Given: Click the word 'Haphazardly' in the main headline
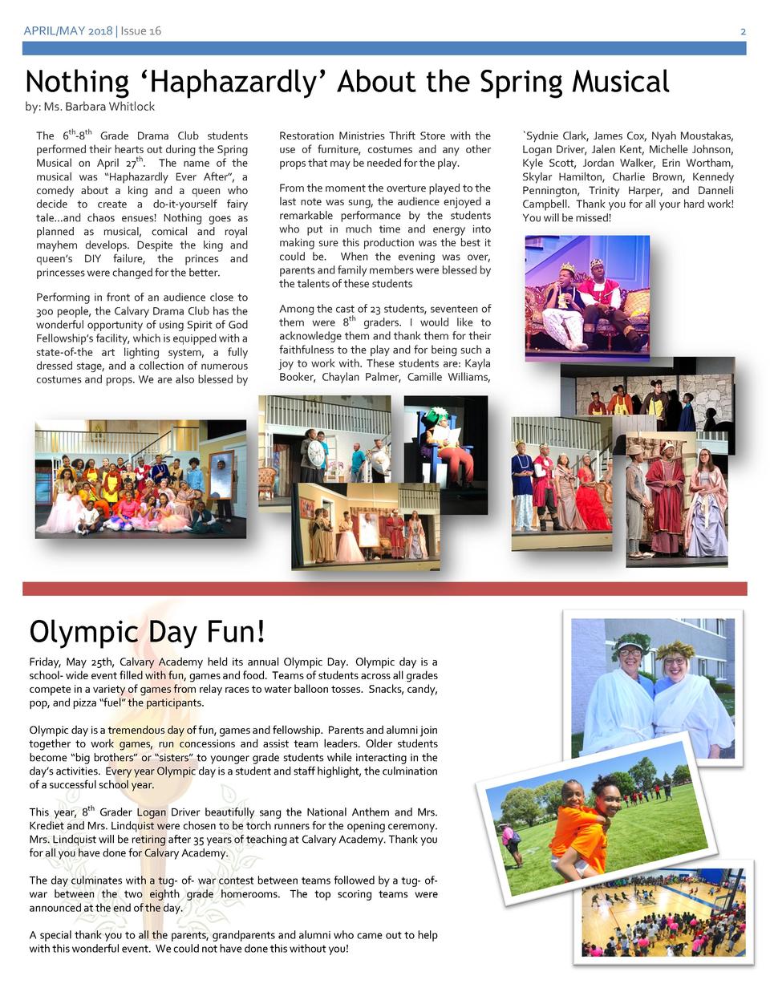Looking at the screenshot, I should [232, 82].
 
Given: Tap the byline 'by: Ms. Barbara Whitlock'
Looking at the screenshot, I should [90, 107].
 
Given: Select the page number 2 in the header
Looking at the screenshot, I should [743, 30].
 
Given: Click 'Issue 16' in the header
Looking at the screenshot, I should [141, 30].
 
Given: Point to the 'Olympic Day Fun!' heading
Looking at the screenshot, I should [147, 632].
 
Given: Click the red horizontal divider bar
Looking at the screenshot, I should [385, 589].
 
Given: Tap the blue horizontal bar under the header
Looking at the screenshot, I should [385, 48].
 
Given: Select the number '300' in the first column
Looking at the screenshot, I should [45, 311].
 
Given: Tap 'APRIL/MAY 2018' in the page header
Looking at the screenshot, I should [68, 30].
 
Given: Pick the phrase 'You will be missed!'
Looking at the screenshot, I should [567, 218].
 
